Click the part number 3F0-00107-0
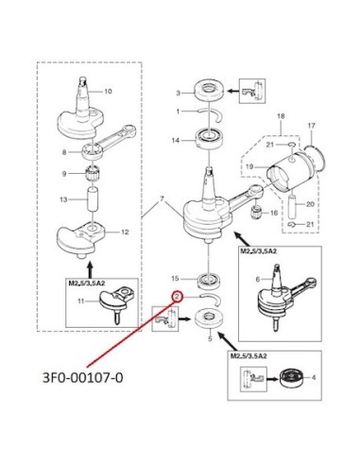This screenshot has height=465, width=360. pos(83,377)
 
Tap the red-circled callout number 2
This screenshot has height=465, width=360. pos(177,297)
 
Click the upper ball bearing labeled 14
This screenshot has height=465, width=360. pos(209,138)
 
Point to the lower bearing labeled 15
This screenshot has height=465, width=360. pos(208,281)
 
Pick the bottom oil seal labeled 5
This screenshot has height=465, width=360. pos(210,319)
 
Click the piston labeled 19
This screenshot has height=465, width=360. pos(283,176)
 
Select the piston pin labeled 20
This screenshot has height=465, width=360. pos(293,207)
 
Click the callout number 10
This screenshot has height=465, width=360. pos(108,91)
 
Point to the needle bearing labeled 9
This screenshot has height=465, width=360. pos(93,174)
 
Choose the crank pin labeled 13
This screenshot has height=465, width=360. pos(93,199)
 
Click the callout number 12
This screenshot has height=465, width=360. pos(125,232)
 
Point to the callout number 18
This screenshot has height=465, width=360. pos(281,116)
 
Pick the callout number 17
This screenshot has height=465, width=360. pos(311,126)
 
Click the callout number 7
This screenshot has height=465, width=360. pos(162,199)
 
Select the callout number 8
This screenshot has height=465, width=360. pos(64,152)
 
